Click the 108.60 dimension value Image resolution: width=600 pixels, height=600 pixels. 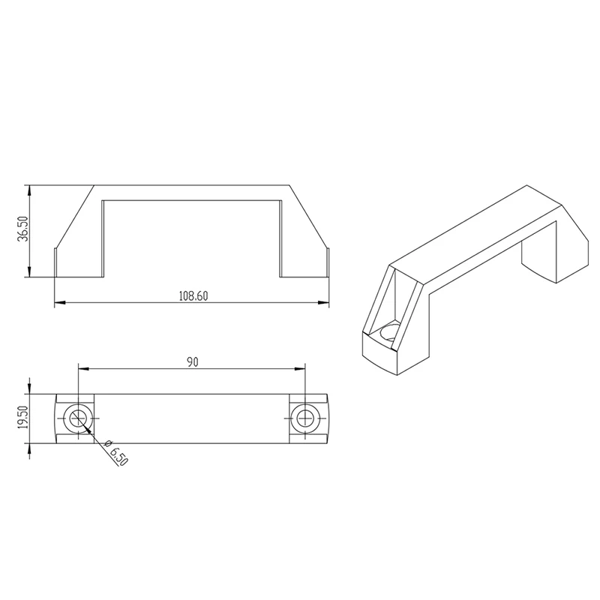(x=193, y=296)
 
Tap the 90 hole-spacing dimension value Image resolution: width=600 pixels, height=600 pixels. (x=192, y=361)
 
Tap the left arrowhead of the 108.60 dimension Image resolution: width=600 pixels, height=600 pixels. (x=61, y=303)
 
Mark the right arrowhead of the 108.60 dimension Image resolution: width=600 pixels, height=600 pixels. (x=325, y=303)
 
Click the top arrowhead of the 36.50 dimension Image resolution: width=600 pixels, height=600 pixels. (x=29, y=190)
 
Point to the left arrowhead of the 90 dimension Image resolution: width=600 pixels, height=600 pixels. (x=83, y=368)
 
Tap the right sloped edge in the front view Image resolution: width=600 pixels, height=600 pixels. (x=309, y=217)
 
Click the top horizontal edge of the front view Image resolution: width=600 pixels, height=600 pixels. (x=192, y=184)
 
